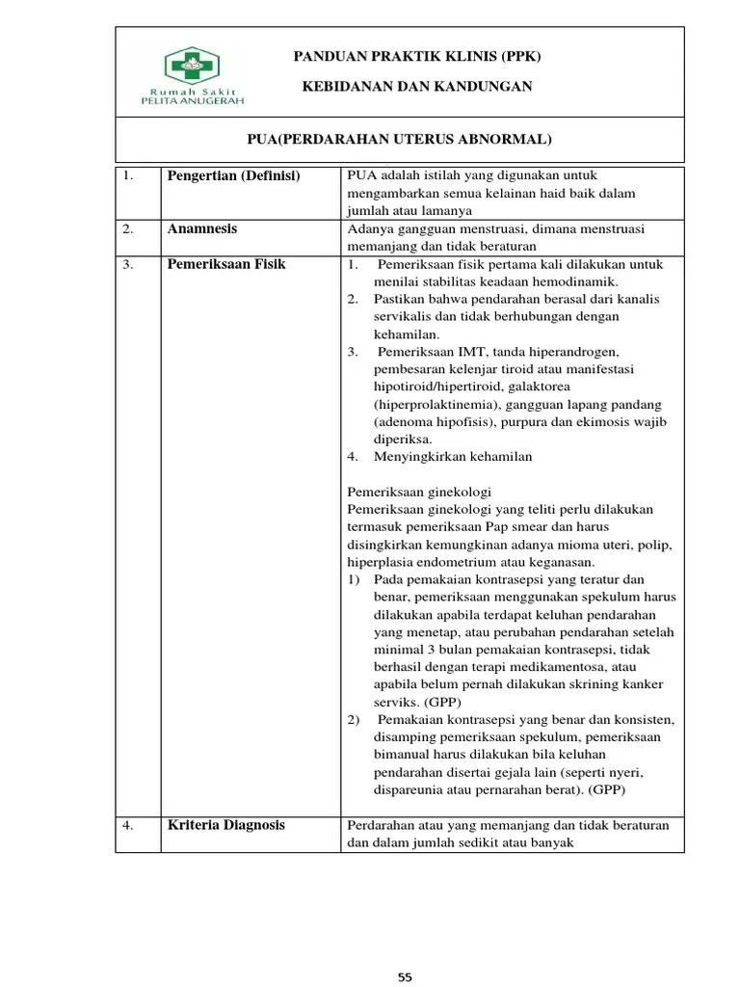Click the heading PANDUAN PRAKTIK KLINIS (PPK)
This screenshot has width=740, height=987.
coord(417,57)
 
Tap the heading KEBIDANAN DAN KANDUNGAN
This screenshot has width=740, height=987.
coord(417,87)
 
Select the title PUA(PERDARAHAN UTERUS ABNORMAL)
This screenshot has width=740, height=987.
coord(400,139)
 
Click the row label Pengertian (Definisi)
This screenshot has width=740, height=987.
coord(234,176)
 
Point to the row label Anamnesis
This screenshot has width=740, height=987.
coord(202,229)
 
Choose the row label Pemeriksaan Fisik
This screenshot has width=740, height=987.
coord(226,264)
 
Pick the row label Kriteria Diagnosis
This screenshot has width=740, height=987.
coord(226,825)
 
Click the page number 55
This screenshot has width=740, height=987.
coord(405,977)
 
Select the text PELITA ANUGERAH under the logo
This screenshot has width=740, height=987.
coord(193,99)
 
